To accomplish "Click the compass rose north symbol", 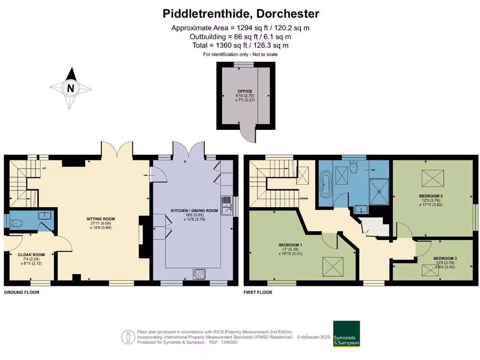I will pyautogui.click(x=70, y=88).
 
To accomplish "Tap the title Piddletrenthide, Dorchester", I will pyautogui.click(x=241, y=14).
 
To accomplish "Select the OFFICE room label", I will pyautogui.click(x=244, y=91).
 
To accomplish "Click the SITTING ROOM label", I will pyautogui.click(x=100, y=219).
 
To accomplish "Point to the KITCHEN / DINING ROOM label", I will pyautogui.click(x=195, y=211).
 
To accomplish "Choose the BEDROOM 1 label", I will pyautogui.click(x=290, y=245).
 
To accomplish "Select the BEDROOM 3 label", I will pyautogui.click(x=445, y=258).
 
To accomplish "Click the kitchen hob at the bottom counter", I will pyautogui.click(x=199, y=273).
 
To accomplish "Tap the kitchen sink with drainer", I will pyautogui.click(x=226, y=205).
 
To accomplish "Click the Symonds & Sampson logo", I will pyautogui.click(x=346, y=334).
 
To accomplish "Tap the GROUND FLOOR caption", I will pyautogui.click(x=22, y=292).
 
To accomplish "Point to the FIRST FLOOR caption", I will pyautogui.click(x=258, y=292).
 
